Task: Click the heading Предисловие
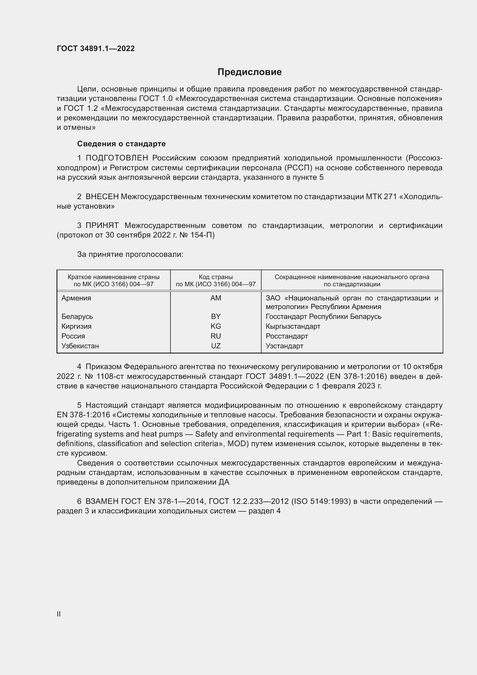pyautogui.click(x=249, y=72)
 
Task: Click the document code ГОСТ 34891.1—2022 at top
pyautogui.click(x=96, y=48)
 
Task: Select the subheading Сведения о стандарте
pyautogui.click(x=121, y=144)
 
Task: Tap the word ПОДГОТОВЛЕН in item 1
pyautogui.click(x=117, y=158)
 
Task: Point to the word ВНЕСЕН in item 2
pyautogui.click(x=102, y=197)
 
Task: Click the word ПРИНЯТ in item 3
pyautogui.click(x=102, y=225)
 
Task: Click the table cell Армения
pyautogui.click(x=76, y=298)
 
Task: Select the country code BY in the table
pyautogui.click(x=216, y=317)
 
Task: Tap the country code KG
pyautogui.click(x=216, y=326)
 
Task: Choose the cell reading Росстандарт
pyautogui.click(x=287, y=336)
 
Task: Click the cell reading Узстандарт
pyautogui.click(x=284, y=346)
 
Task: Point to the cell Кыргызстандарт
pyautogui.click(x=293, y=326)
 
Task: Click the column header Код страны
pyautogui.click(x=216, y=277)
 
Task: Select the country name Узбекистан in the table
pyautogui.click(x=80, y=346)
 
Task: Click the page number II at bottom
pyautogui.click(x=59, y=614)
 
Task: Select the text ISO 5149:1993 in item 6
pyautogui.click(x=321, y=501)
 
